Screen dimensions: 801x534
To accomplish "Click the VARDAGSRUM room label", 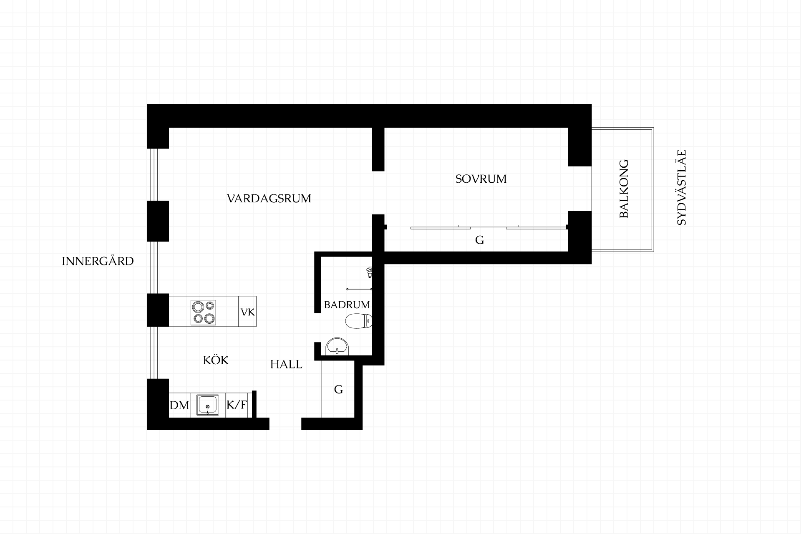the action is coord(269,199).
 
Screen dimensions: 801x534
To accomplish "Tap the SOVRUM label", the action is coord(481,179).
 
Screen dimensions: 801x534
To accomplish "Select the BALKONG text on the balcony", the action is coord(624,189).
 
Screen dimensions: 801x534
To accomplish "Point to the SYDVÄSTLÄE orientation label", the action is coord(681,188).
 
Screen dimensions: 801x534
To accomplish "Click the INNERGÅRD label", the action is coord(98,261).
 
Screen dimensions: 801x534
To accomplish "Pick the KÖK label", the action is coord(216,360).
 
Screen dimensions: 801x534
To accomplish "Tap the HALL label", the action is coord(286,365).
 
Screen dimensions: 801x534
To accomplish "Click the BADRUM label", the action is coord(347,305).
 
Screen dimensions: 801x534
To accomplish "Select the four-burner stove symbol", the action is coord(204,312).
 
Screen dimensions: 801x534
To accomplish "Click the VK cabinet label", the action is coord(248,312).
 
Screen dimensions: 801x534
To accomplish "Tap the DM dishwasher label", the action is coord(179,406).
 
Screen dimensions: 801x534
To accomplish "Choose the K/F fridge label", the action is coord(237,405).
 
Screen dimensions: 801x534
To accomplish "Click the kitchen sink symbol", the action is coord(208,405).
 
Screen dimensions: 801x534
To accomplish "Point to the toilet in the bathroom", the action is coord(359,321).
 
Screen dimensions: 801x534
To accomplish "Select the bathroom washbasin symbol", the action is coord(337,346).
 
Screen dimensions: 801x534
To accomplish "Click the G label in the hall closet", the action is coord(338,390).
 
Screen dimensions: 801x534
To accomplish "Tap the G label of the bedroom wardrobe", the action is coord(479,240).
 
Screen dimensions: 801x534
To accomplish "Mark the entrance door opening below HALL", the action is coord(285,423).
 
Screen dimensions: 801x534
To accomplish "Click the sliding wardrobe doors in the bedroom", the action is coord(489,227).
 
